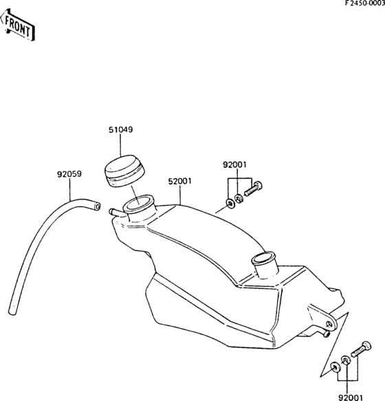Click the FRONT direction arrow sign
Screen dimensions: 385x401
(17, 25)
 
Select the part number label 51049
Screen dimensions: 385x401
(121, 130)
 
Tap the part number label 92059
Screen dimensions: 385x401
(69, 174)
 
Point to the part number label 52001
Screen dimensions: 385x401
(179, 182)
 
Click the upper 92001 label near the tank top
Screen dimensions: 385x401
(234, 164)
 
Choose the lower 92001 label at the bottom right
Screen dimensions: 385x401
(351, 398)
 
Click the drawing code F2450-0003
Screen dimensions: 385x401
(365, 3)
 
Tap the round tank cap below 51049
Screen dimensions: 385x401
(124, 171)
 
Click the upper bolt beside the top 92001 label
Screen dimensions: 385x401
(254, 188)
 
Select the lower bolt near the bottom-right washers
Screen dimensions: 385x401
(361, 349)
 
